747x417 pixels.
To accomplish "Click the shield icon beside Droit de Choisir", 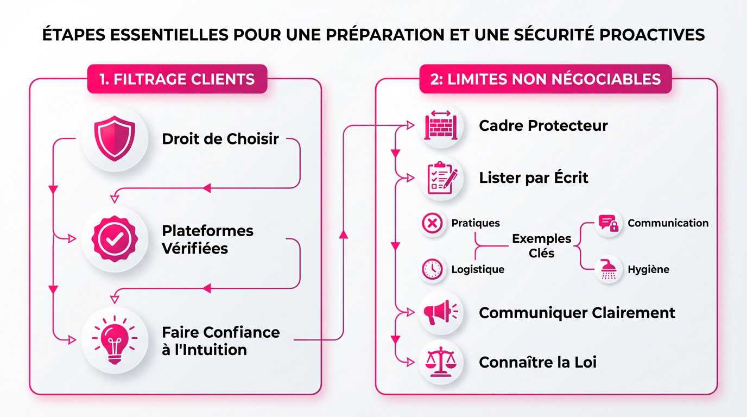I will point(115,140).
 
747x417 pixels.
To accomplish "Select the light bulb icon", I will point(115,340).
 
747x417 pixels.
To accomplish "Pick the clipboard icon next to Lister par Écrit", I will point(441,178).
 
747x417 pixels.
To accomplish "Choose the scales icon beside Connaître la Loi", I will point(441,362).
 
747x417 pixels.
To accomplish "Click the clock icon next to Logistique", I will point(433,269).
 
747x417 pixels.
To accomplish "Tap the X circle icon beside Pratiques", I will point(433,223).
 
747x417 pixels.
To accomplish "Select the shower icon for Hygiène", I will point(609,269).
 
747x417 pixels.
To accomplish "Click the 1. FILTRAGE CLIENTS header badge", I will point(177,79).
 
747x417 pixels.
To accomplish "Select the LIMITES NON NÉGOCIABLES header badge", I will point(545,79).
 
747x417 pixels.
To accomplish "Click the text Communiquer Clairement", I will point(577,313).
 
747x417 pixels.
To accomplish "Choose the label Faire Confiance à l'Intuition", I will point(220,340).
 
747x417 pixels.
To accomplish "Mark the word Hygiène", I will point(648,269).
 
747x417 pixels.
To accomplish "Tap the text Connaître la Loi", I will point(537,362).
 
